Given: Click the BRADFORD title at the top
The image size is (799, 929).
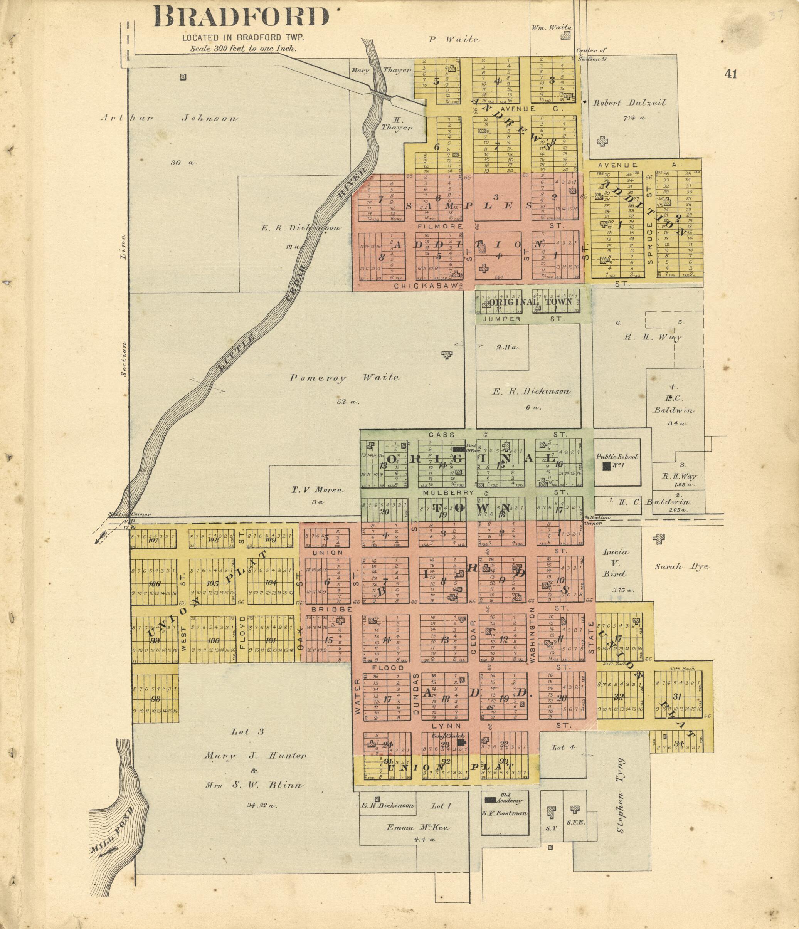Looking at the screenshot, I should (241, 17).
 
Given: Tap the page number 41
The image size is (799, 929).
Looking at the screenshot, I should (731, 74).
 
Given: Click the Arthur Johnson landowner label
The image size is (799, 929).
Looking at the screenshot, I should (168, 118).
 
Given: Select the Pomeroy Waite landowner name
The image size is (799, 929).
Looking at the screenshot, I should (344, 378).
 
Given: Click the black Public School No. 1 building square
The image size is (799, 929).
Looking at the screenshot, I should (607, 466).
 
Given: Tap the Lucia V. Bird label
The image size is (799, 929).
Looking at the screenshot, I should (615, 563).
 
